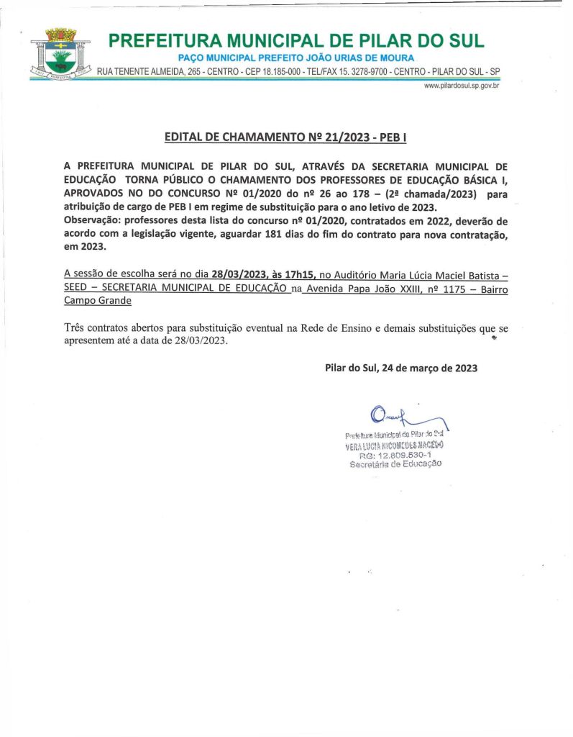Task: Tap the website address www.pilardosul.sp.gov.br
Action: tap(462, 86)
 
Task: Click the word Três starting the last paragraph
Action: tap(76, 328)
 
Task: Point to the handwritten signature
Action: tap(403, 417)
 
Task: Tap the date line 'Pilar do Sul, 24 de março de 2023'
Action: tap(400, 368)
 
